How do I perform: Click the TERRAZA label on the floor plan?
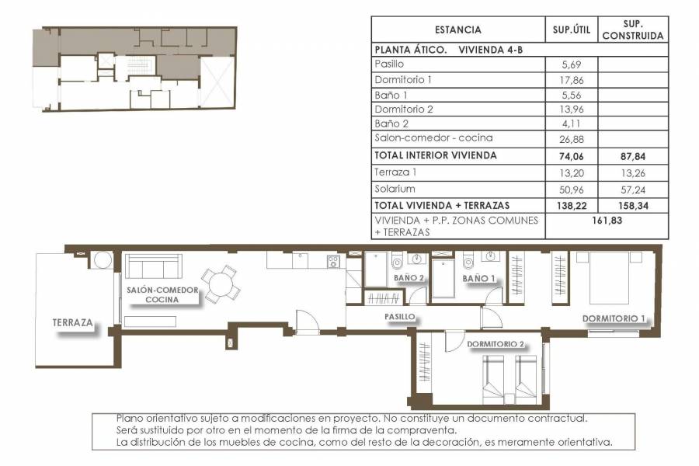point(73,322)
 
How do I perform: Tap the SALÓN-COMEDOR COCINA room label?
point(163,294)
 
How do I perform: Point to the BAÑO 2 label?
point(409,277)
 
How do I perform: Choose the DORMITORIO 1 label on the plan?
point(614,318)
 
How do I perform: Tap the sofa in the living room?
point(154,268)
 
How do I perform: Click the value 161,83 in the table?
point(607,221)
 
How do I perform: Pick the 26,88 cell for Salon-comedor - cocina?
point(572,138)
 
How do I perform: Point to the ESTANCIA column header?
point(457,30)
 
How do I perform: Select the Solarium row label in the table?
point(394,189)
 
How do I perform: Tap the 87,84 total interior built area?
point(632,155)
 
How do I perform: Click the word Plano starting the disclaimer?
point(128,418)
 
